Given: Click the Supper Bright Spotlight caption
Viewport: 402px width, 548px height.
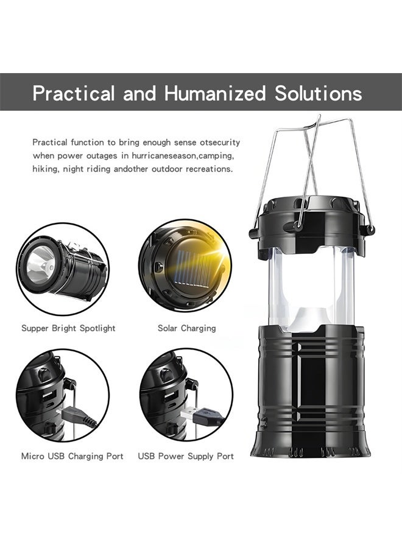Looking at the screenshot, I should tap(68, 328).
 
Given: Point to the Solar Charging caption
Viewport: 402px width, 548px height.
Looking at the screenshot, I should tap(186, 328).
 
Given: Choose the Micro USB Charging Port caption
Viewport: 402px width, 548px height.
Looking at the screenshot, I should tap(72, 455).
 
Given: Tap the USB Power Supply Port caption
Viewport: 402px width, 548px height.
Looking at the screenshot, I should tap(186, 455).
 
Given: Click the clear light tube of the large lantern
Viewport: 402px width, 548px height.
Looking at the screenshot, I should tap(311, 286).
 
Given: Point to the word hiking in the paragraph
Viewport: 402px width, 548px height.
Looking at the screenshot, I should tap(44, 169).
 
